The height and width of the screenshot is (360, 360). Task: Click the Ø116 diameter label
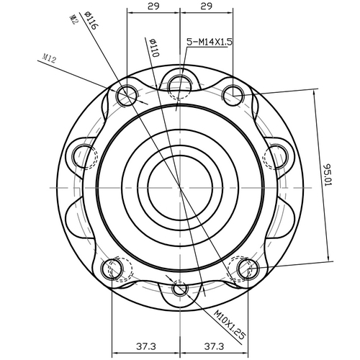coord(91,19)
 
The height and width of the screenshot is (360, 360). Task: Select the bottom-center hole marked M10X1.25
coord(179,289)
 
